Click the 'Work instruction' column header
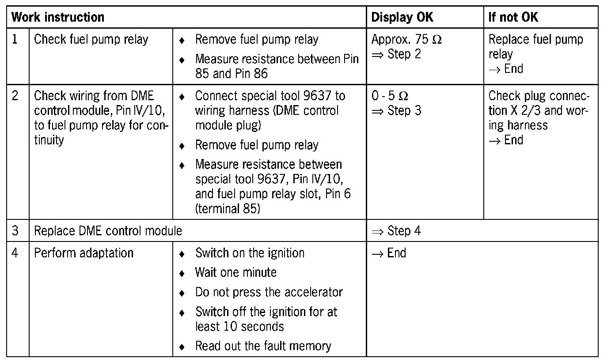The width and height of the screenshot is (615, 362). (x=58, y=18)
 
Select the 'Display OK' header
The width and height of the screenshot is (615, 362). (x=402, y=18)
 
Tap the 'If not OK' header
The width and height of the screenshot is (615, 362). (x=513, y=18)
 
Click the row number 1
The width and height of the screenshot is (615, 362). (x=15, y=40)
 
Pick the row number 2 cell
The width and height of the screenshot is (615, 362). (x=15, y=96)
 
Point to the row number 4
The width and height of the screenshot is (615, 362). (x=15, y=253)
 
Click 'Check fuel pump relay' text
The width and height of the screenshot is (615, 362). (x=91, y=40)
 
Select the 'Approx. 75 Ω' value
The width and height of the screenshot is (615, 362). (x=406, y=40)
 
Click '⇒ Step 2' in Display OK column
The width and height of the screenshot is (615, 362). (x=396, y=54)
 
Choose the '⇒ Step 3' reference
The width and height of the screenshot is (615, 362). (x=396, y=111)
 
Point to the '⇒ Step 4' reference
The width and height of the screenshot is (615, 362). (x=396, y=231)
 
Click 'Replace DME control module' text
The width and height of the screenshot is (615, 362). (x=108, y=231)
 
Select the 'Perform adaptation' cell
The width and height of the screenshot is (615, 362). (x=84, y=253)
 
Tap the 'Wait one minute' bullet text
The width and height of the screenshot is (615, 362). (x=235, y=272)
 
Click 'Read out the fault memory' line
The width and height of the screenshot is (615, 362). (x=263, y=346)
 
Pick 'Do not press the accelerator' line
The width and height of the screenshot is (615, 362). (x=269, y=292)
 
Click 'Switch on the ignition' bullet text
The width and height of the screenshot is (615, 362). (x=250, y=253)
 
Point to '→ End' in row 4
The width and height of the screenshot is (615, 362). (x=389, y=253)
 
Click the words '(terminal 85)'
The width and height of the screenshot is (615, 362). (x=228, y=208)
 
